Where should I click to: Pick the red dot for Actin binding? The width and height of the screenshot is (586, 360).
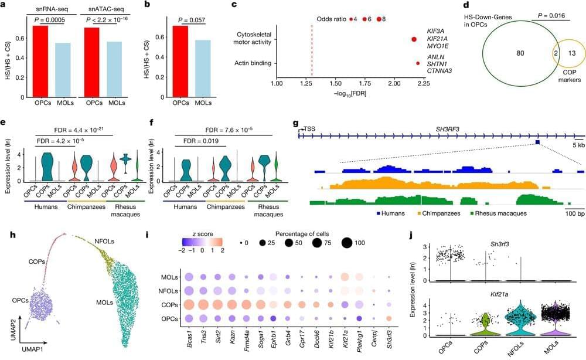[417, 63]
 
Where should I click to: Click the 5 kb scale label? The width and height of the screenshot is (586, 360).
[577, 144]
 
